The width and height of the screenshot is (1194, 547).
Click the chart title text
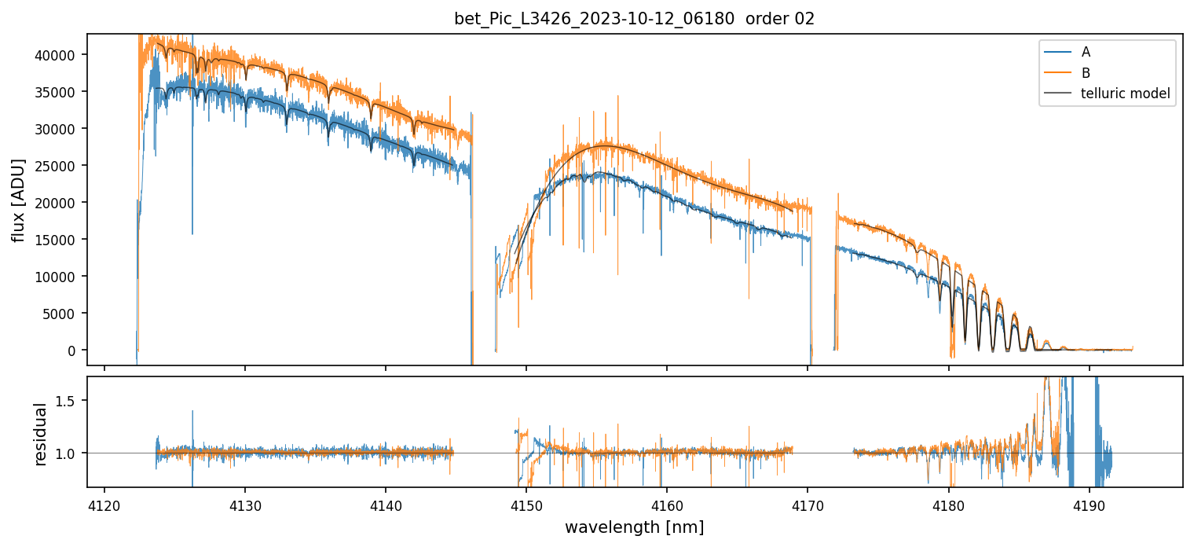(x=634, y=19)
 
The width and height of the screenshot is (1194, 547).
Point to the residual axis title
(x=41, y=434)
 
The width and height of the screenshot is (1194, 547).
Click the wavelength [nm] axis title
(x=634, y=527)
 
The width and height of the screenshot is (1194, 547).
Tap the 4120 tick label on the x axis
(x=104, y=505)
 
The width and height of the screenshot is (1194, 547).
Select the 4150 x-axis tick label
(x=526, y=505)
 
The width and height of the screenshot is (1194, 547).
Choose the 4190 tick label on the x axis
(x=1089, y=505)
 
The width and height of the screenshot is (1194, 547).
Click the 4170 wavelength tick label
(x=808, y=505)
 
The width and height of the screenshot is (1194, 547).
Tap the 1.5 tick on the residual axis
(x=71, y=401)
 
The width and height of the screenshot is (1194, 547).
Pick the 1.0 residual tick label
(x=71, y=453)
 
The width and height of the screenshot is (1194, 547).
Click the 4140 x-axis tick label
(x=386, y=505)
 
